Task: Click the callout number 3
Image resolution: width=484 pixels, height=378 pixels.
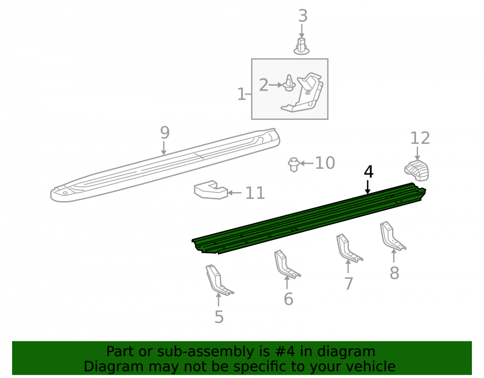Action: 302,16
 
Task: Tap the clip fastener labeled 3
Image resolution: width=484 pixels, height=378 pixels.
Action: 302,46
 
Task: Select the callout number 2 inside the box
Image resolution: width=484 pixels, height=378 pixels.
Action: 263,85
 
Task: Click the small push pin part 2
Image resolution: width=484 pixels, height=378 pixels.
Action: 289,83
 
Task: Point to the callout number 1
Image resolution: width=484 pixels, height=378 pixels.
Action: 242,94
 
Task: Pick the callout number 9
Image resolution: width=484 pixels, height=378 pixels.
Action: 165,133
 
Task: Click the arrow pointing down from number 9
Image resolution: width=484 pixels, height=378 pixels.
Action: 164,148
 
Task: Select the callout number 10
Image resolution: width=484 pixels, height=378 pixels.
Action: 325,163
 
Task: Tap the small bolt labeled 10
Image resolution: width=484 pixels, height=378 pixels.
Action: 294,165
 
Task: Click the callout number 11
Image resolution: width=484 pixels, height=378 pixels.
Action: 255,193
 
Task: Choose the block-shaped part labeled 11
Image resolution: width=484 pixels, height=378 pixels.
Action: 211,190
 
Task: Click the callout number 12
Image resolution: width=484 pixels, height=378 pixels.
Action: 420,138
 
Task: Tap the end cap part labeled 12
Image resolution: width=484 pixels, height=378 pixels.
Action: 417,170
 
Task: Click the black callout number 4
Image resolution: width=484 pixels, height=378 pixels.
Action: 368,171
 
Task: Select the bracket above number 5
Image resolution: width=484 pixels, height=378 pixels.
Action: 218,280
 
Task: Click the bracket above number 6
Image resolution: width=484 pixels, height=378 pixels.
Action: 286,264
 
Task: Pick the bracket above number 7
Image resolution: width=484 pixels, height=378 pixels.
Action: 348,248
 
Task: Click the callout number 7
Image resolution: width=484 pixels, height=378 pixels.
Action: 348,284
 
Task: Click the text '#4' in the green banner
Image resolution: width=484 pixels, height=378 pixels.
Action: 284,351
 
